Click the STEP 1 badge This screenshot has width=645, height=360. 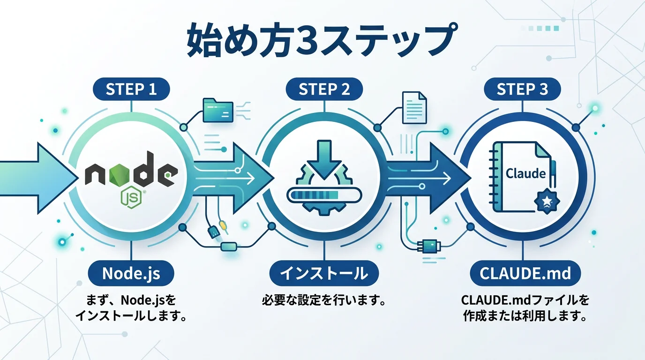click(131, 89)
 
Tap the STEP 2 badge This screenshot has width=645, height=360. click(324, 89)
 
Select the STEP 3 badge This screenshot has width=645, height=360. click(522, 89)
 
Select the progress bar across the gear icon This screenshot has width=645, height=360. click(324, 194)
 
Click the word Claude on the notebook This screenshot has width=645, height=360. click(526, 173)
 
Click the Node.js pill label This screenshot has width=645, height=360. click(131, 273)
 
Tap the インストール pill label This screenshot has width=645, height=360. click(324, 273)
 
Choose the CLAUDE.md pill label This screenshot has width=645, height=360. click(525, 273)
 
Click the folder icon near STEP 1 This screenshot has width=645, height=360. click(218, 111)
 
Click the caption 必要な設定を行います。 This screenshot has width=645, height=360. click(324, 300)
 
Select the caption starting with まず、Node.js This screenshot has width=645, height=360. click(131, 300)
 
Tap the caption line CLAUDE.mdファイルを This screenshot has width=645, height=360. click(525, 300)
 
